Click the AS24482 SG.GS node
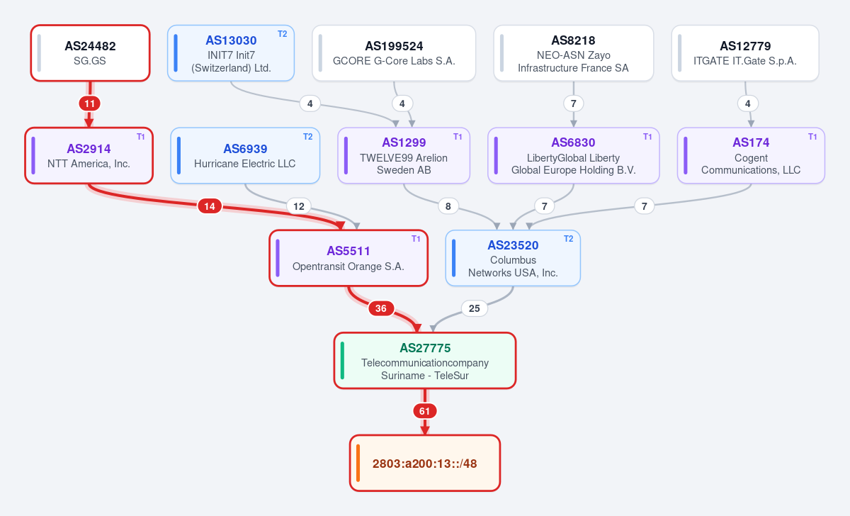pyautogui.click(x=91, y=53)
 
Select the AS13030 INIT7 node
pyautogui.click(x=231, y=53)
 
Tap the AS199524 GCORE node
pyautogui.click(x=394, y=53)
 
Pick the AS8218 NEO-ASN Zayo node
pyautogui.click(x=573, y=53)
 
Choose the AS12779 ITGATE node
pyautogui.click(x=745, y=53)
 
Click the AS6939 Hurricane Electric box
pyautogui.click(x=245, y=156)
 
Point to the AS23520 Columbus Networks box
pyautogui.click(x=513, y=258)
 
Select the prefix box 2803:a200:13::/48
pyautogui.click(x=425, y=464)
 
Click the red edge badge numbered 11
pyautogui.click(x=89, y=103)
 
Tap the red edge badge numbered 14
pyautogui.click(x=210, y=206)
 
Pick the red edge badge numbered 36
pyautogui.click(x=381, y=308)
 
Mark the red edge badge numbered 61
pyautogui.click(x=424, y=411)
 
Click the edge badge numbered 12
pyautogui.click(x=299, y=206)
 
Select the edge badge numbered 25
pyautogui.click(x=475, y=308)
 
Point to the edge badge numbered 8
pyautogui.click(x=448, y=206)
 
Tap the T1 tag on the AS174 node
pyautogui.click(x=812, y=137)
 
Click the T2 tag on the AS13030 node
pyautogui.click(x=283, y=34)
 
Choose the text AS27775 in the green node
pyautogui.click(x=425, y=348)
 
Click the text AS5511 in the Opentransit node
pyautogui.click(x=348, y=251)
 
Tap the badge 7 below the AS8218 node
pyautogui.click(x=573, y=103)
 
